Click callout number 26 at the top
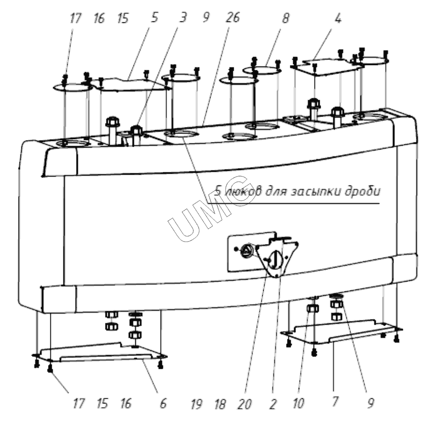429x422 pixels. (x=233, y=18)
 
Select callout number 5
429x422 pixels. (x=154, y=18)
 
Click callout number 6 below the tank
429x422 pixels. (x=163, y=403)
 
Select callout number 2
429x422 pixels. (x=272, y=403)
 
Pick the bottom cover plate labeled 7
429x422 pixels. (x=342, y=332)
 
